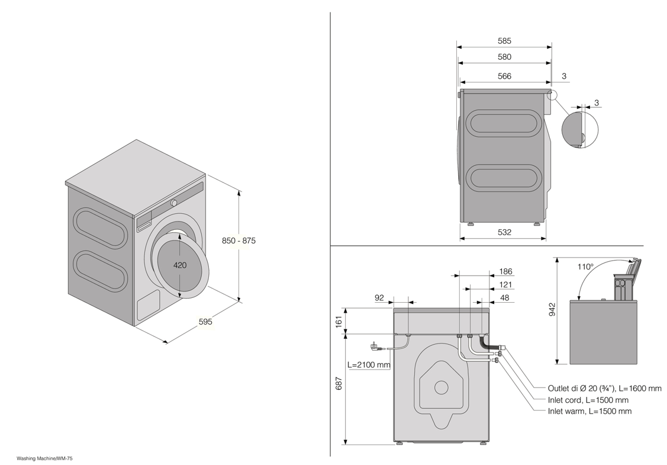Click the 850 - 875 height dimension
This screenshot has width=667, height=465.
[239, 240]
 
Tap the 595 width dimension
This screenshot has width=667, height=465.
[205, 322]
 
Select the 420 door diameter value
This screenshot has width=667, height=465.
[180, 265]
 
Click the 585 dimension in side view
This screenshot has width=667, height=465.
[504, 41]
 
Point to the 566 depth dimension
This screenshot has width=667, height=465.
[504, 76]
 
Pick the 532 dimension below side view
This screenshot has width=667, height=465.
[504, 232]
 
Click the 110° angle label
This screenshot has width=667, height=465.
[585, 267]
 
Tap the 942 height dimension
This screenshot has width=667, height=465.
[552, 309]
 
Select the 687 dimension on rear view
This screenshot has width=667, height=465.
[339, 383]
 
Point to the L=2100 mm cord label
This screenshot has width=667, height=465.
[369, 365]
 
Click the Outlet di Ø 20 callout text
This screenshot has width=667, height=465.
[604, 389]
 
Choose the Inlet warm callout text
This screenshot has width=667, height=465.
[589, 411]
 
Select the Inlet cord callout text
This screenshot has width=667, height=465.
[588, 400]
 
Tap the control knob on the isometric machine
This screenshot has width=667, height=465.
[174, 203]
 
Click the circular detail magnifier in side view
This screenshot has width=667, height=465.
[580, 130]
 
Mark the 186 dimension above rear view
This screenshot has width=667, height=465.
[506, 272]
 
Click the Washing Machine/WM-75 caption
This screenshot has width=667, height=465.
[41, 458]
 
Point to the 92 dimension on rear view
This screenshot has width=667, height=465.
[379, 298]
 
